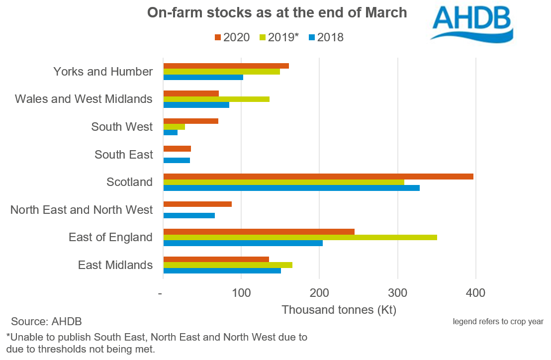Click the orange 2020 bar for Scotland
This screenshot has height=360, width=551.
coord(318,177)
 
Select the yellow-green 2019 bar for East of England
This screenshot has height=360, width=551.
coord(300,237)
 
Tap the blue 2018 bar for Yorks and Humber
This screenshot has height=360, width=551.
coord(203,77)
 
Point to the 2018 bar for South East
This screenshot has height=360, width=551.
coord(177,160)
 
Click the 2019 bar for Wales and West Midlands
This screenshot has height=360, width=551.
coord(216,99)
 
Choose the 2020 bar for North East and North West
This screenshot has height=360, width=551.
coord(197,204)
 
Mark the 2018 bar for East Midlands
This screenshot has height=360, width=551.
coord(222,270)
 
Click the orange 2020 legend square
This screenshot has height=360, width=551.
coord(217,37)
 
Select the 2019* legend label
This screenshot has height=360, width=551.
coord(283,37)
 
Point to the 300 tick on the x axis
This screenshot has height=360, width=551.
coord(397,293)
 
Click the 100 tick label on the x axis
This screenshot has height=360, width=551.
coord(241,293)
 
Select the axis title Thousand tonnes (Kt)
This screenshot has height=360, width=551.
coord(339,310)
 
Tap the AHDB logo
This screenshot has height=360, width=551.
coord(471,23)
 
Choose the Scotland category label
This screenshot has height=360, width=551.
coord(129,182)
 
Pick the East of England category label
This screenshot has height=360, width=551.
coord(110,237)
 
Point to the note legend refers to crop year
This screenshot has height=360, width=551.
coord(498,321)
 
